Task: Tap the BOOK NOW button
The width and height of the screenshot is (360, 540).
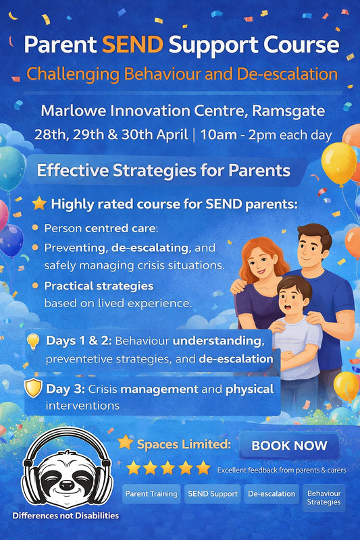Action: [x=294, y=446]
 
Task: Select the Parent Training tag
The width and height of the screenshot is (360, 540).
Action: [x=152, y=494]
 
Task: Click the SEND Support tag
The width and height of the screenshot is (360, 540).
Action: [x=211, y=494]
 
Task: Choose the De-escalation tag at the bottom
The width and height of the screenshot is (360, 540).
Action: [x=271, y=494]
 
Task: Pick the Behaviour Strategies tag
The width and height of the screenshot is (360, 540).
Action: [x=324, y=497]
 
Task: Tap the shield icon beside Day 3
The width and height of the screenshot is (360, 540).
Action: [x=34, y=389]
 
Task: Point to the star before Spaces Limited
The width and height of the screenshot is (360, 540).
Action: [x=125, y=443]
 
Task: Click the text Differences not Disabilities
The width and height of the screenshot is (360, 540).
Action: [x=65, y=516]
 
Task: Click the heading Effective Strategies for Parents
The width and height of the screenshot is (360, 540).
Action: [x=164, y=169]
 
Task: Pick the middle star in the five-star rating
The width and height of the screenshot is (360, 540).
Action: [x=169, y=468]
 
